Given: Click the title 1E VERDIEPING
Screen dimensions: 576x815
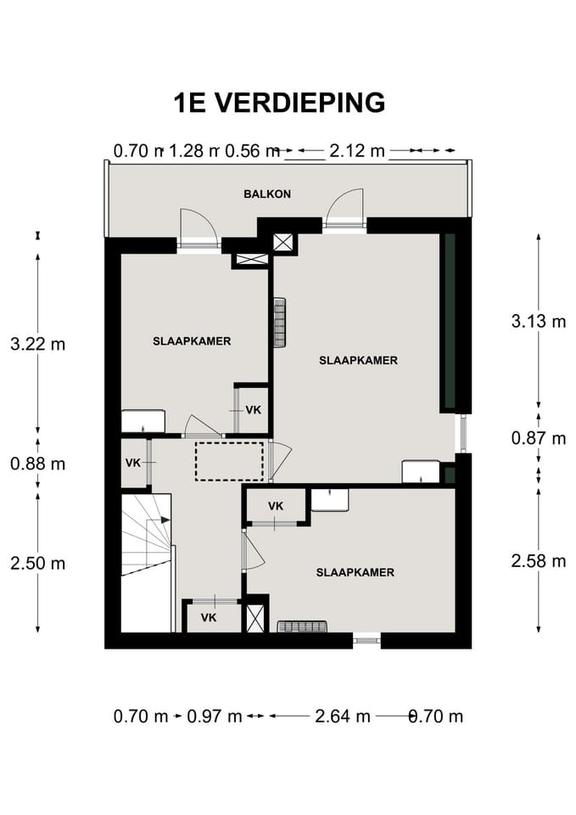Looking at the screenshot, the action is coord(279,103).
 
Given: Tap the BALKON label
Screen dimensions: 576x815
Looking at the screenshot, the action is coord(267,194).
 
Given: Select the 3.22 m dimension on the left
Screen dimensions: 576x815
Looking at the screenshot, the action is coord(38,344).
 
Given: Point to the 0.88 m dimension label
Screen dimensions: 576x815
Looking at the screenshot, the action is coord(38,464).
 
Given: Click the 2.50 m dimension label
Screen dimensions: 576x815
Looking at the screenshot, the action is coord(38,563).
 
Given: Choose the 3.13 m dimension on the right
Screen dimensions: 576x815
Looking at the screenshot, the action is coord(539,321).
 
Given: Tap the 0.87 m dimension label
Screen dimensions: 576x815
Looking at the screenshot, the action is coord(539,438).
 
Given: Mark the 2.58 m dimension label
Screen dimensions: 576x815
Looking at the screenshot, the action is coord(539,561).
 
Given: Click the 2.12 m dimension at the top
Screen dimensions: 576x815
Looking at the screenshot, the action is coord(357,151).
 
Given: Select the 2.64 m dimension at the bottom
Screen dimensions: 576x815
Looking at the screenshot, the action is coord(343,717).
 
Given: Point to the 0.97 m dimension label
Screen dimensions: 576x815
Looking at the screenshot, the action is coord(215,717).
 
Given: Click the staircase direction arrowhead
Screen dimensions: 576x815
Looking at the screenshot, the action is coord(165,520).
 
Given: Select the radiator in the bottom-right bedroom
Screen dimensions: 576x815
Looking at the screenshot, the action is coord(302,627).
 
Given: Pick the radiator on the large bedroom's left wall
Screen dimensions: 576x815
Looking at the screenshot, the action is coord(280,323).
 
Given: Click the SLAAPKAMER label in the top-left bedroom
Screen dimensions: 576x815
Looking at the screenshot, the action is coord(192,341).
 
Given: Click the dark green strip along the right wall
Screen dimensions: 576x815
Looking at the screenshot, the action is coord(449,321).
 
